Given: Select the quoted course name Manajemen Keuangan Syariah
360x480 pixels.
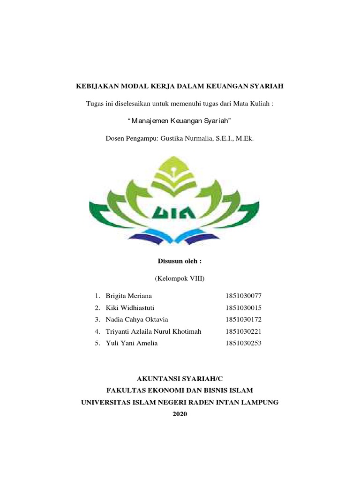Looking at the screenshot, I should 180,121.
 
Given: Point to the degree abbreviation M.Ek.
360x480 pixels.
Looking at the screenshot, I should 245,139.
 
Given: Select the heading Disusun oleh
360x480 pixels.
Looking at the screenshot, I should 180,260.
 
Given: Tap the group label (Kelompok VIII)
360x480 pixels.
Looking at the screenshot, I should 180,278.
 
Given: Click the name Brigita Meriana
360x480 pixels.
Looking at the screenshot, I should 129,296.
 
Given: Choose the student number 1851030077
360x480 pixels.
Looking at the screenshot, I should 243,296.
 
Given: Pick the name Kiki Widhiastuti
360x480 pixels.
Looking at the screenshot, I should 130,308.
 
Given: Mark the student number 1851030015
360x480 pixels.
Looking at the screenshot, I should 243,308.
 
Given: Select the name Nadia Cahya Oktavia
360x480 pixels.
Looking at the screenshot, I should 137,320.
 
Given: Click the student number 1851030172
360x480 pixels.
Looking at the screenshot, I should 243,320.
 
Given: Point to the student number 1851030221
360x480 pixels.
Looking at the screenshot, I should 243,331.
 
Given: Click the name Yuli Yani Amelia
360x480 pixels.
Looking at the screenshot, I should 132,343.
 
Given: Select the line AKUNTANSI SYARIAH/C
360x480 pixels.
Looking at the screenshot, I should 180,377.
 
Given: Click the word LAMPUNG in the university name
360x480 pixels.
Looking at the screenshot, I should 260,402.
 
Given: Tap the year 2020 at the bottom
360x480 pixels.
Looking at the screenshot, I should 180,414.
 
